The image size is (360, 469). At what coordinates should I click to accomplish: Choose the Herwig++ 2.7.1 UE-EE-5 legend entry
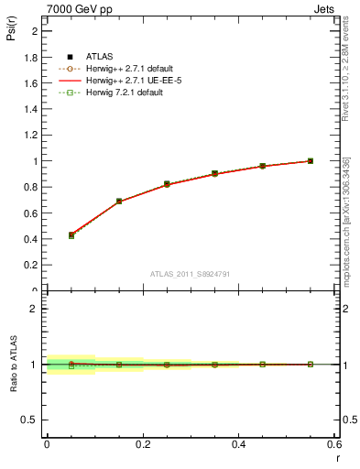point(126,81)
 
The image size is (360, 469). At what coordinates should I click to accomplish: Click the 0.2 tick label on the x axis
point(142,444)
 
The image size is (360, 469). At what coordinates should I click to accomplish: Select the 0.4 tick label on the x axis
point(238,444)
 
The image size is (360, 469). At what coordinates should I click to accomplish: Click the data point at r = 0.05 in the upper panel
point(71,235)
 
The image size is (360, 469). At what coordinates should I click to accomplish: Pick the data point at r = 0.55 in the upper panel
point(311,161)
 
